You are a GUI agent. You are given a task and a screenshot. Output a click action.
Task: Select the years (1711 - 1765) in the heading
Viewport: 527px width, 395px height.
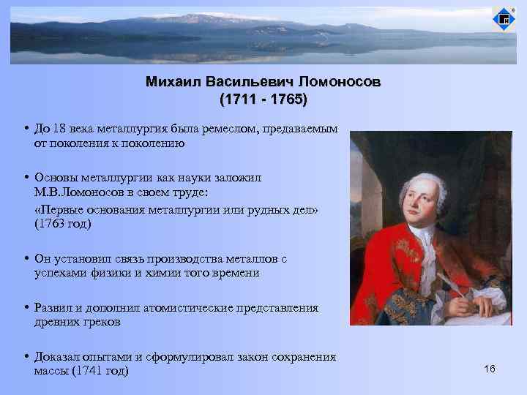263,98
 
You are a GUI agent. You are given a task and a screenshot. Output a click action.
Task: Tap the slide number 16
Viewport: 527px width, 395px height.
490,369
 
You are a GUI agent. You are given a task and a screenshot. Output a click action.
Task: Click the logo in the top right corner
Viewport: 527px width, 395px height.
503,18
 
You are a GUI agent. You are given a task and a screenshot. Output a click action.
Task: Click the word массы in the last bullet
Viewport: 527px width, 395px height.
51,371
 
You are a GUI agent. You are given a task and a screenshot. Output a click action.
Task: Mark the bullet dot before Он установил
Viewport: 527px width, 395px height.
26,259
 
